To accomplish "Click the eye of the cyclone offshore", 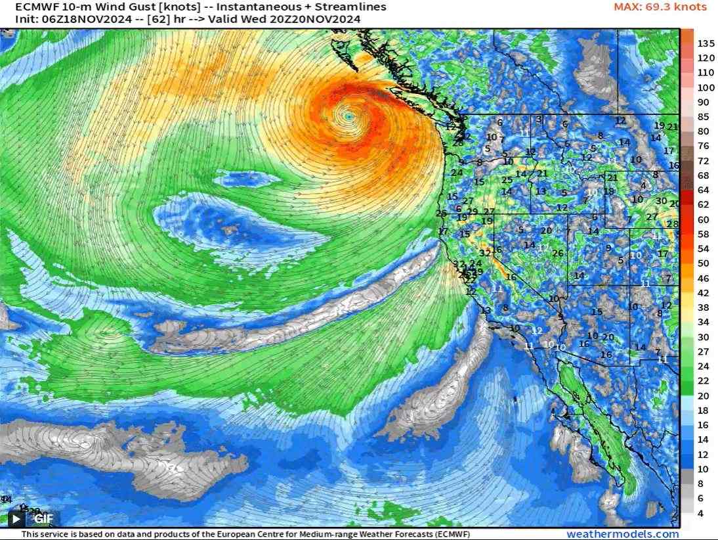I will (348, 116).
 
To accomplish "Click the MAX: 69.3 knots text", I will (660, 7).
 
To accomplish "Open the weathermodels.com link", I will (622, 534).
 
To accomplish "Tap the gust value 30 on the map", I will (661, 201).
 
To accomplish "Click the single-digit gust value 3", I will (538, 119).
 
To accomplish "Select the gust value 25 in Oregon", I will (507, 180).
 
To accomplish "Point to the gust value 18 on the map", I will (608, 192).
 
